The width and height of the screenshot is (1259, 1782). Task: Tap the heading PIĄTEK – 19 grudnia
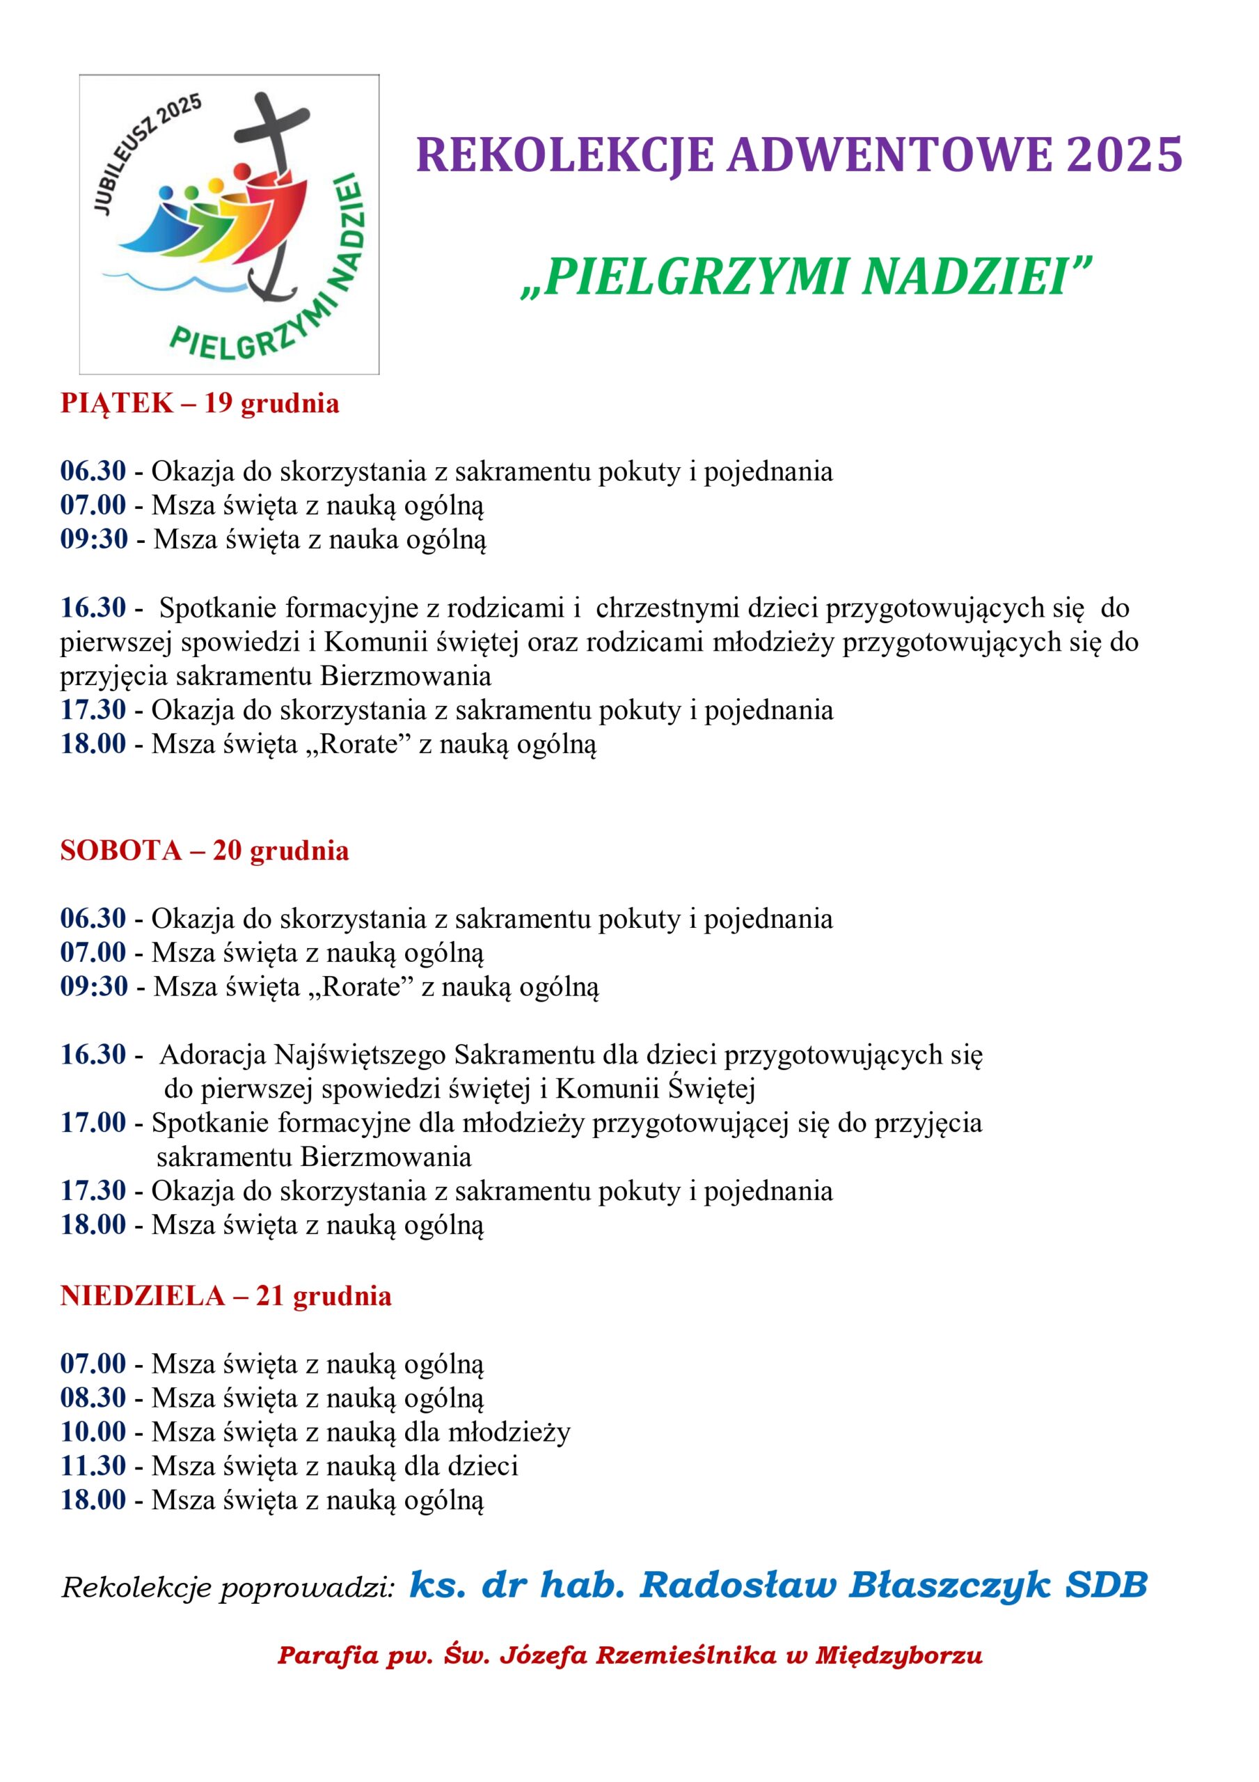200,404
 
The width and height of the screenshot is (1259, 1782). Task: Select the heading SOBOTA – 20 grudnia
204,851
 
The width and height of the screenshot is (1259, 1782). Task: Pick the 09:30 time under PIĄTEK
94,539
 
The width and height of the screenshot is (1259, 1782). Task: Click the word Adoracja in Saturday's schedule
213,1055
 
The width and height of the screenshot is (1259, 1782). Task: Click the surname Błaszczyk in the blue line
950,1585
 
